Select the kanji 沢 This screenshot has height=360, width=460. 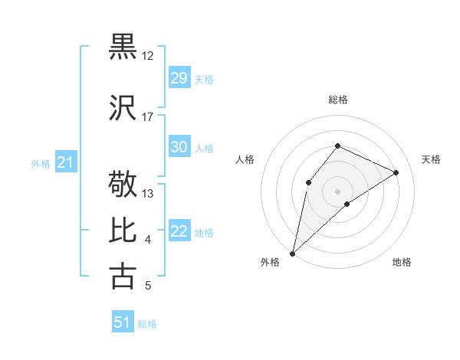tap(123, 107)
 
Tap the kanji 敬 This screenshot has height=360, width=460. tap(123, 185)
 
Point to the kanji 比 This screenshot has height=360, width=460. tap(123, 231)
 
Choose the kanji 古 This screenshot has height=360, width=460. tap(123, 276)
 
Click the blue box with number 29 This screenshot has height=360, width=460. tap(179, 78)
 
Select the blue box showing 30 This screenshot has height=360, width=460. tap(179, 147)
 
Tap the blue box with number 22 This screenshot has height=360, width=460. tap(179, 231)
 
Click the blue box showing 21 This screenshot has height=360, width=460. tap(65, 162)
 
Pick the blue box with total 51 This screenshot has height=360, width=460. tap(123, 322)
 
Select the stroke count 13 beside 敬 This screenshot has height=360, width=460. tap(148, 194)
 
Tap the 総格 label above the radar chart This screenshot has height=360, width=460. tap(337, 100)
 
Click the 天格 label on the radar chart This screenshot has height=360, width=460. tap(431, 159)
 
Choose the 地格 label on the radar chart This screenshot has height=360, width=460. tap(402, 262)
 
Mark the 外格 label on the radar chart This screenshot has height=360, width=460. tap(270, 262)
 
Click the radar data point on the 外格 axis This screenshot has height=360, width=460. tap(292, 253)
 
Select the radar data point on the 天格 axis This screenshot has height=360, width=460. tap(396, 172)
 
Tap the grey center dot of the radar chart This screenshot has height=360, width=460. tap(337, 191)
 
